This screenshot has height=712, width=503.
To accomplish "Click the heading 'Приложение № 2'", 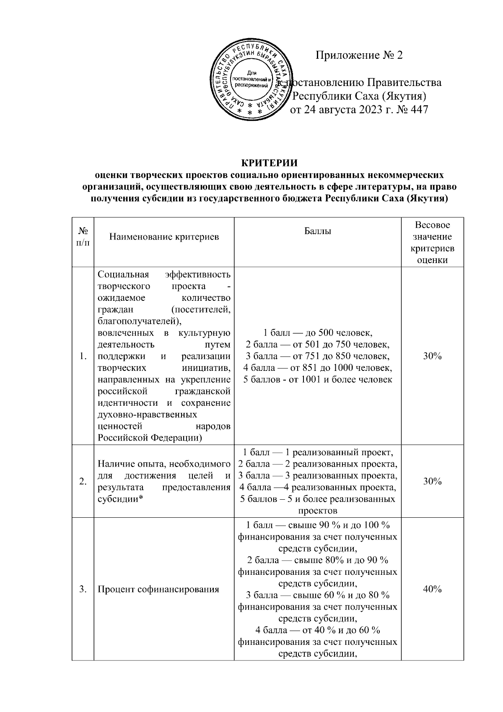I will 359,55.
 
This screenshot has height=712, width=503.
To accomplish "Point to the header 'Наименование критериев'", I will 164,237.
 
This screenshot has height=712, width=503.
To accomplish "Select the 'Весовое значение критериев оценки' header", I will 432,242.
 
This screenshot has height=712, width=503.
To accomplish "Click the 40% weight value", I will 432,589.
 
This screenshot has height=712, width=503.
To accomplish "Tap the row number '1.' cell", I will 83,356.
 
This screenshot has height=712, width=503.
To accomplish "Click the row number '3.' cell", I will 83,589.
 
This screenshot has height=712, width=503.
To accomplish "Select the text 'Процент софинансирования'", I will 158,589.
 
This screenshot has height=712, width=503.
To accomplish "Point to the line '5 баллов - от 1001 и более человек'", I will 318,380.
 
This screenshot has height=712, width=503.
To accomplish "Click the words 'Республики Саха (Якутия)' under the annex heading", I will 359,96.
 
